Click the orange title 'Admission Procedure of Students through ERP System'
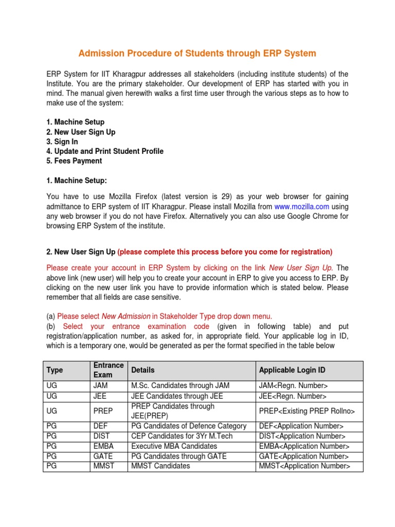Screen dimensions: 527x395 pos(197,53)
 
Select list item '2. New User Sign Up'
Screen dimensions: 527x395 pos(81,132)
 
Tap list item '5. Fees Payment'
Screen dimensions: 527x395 pos(74,161)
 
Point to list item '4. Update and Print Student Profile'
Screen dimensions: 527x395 pos(105,151)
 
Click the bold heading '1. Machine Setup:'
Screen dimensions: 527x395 pos(77,180)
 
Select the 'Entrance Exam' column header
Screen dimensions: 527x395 pos(109,370)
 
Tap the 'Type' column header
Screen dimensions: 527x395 pos(55,370)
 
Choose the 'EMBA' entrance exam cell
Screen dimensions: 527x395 pos(103,446)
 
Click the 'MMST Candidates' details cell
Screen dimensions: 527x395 pos(160,466)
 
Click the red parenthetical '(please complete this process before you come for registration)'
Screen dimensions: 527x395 pos(225,252)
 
